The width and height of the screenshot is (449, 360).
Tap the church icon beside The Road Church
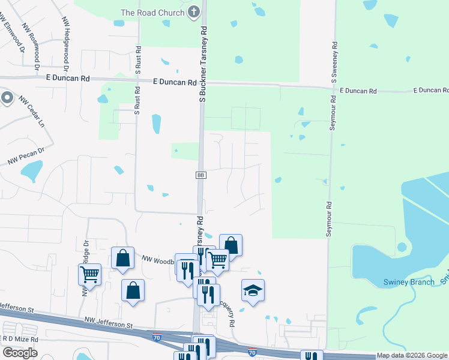click(x=193, y=11)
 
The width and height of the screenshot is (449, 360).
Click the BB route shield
click(x=200, y=175)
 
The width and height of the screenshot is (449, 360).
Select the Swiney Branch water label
click(x=409, y=282)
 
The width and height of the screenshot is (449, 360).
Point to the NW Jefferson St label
click(x=108, y=324)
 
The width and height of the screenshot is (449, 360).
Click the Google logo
click(x=20, y=353)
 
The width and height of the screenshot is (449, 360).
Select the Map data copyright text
click(x=412, y=355)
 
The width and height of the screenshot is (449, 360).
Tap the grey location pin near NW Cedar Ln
click(x=7, y=97)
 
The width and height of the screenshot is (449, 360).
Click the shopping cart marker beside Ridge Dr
click(x=89, y=274)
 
